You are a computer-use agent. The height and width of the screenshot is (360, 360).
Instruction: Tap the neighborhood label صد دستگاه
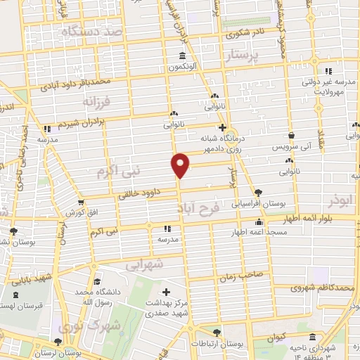(x=91, y=32)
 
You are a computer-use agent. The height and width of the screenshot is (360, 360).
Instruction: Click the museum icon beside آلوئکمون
(x=182, y=56)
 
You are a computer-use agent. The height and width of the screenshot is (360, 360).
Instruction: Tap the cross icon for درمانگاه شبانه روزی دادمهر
(x=222, y=127)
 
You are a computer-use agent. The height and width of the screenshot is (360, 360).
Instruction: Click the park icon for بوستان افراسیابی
(x=259, y=191)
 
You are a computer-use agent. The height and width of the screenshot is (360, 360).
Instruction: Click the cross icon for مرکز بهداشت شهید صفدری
(x=166, y=292)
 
